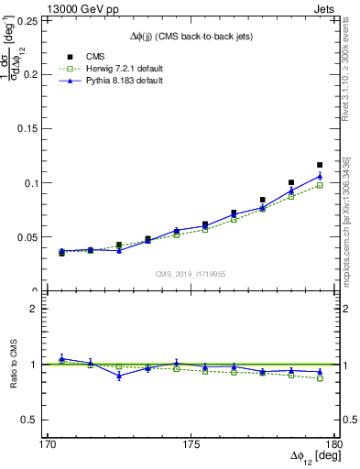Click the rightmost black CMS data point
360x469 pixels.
tap(320, 165)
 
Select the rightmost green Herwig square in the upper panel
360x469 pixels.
tap(320, 185)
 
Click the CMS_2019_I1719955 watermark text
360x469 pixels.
tap(191, 274)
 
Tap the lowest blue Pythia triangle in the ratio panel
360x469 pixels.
tap(119, 376)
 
